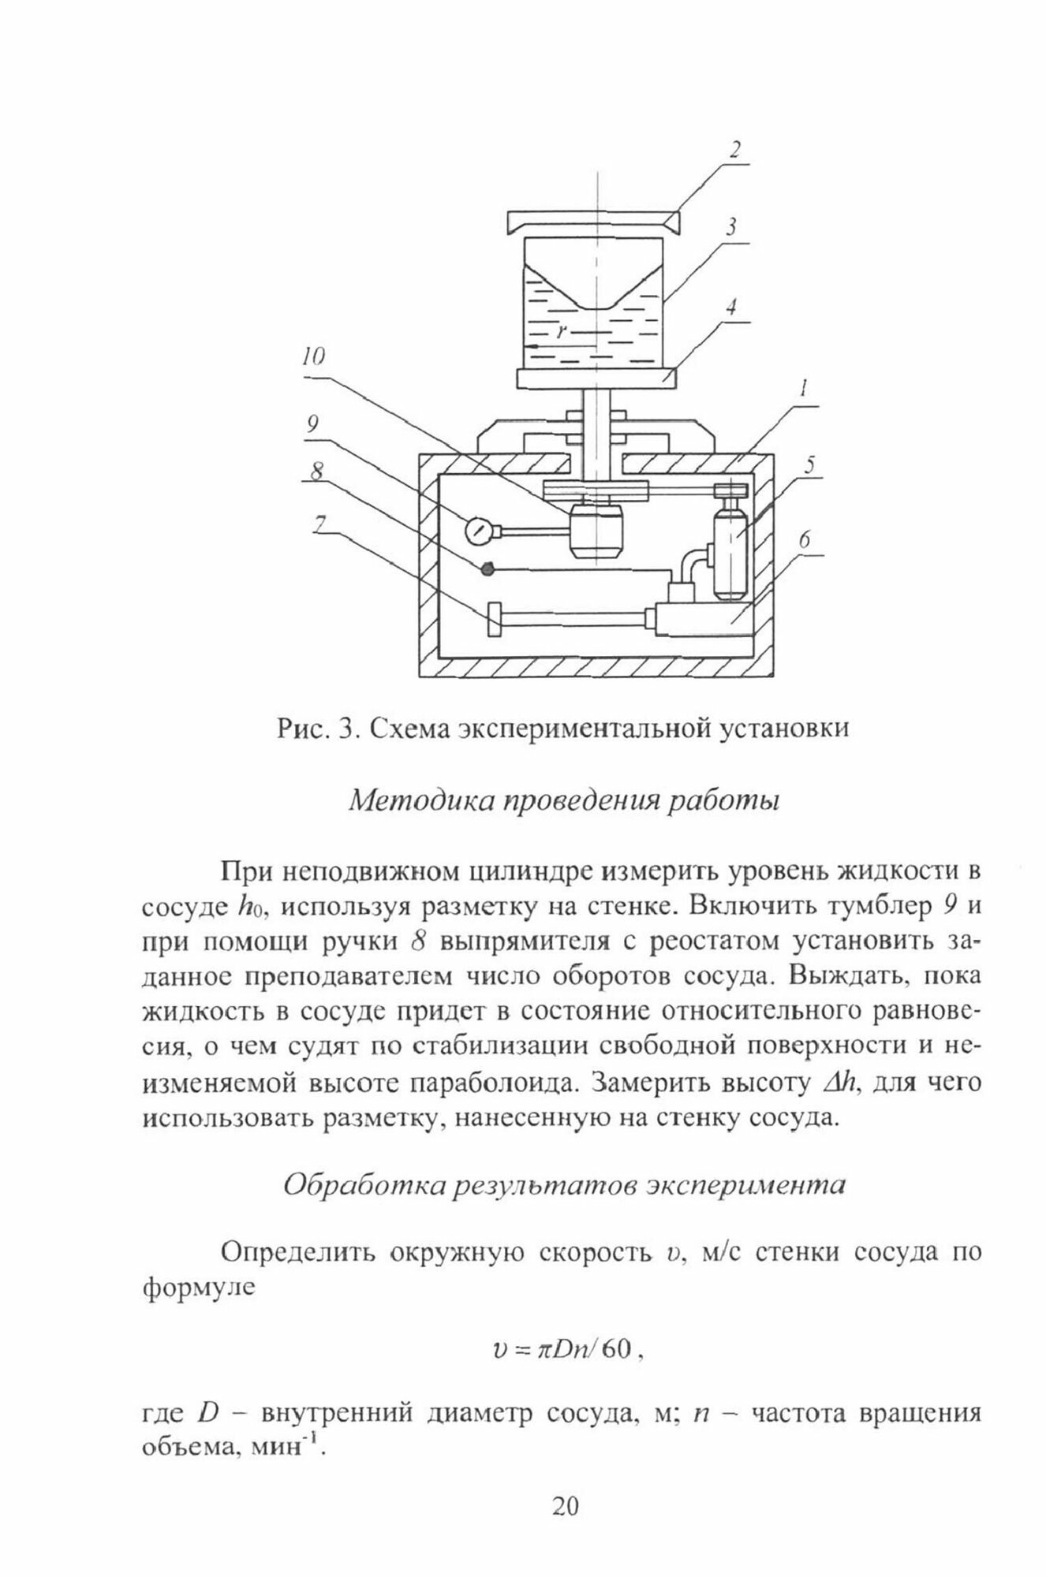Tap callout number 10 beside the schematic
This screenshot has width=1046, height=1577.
coord(314,359)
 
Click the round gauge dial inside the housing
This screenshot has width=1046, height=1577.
coord(477,530)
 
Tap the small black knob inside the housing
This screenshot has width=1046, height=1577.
coord(488,569)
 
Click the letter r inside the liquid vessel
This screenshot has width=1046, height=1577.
coord(561,332)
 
